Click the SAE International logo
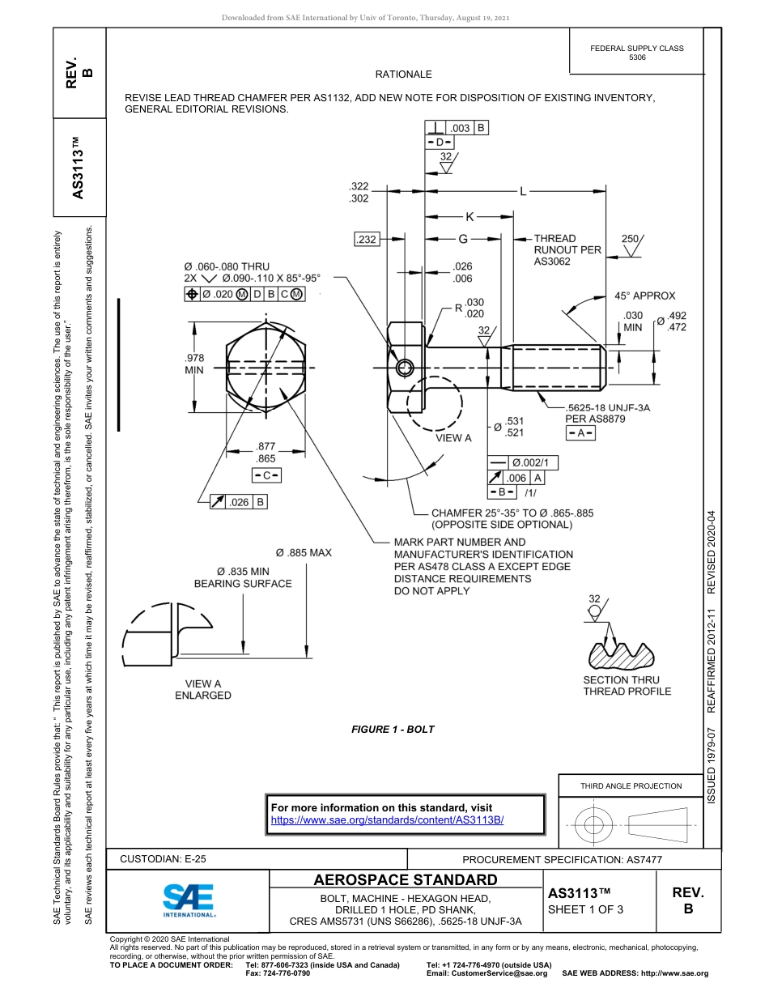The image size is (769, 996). tap(189, 900)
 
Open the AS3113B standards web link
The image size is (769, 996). tap(387, 819)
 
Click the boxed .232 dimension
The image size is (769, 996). tap(367, 239)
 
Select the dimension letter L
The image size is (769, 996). tap(523, 192)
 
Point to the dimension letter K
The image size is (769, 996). tap(469, 216)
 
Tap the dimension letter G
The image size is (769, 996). tap(463, 239)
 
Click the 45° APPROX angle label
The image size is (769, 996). tap(644, 296)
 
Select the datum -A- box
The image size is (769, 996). tap(580, 433)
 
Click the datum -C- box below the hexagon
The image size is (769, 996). tap(266, 475)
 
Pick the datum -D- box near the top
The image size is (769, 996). tap(440, 143)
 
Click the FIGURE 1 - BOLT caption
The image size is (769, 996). tap(393, 730)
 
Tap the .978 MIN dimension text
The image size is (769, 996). tap(195, 364)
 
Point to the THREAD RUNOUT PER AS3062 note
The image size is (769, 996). tap(567, 250)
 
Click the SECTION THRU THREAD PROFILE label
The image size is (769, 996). tap(627, 686)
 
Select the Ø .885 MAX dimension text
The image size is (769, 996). tap(304, 553)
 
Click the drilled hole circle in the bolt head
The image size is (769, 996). tap(404, 369)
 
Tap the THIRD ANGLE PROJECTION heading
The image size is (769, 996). tap(631, 785)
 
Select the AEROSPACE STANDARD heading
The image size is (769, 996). tap(406, 879)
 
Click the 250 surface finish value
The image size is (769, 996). tap(631, 238)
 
